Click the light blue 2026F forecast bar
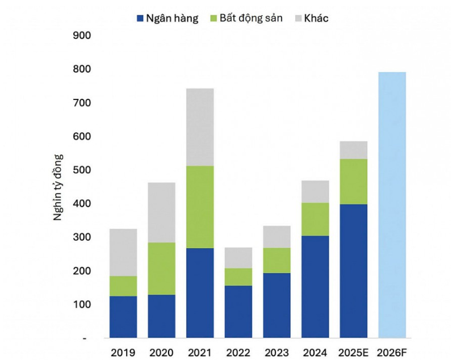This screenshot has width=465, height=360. coord(392,204)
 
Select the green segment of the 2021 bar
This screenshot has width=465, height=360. coord(200,207)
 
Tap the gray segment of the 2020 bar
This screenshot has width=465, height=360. coord(162,212)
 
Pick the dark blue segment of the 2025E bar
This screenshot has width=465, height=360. coord(353,271)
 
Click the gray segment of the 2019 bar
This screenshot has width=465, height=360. coord(123,252)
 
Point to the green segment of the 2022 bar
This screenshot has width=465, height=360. coord(238,277)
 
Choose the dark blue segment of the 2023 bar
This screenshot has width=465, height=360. coord(277,305)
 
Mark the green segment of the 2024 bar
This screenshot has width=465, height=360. coord(315,219)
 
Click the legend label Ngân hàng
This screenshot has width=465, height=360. coord(171,18)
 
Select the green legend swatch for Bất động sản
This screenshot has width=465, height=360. coord(215,18)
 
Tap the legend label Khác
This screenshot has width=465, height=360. coord(316,18)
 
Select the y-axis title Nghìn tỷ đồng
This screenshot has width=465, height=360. coord(59,187)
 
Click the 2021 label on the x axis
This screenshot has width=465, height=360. coord(200,353)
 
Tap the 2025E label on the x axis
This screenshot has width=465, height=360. coord(353,353)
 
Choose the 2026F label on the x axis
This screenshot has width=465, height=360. coord(392,353)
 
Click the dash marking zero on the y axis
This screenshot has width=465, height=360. coord(83,339)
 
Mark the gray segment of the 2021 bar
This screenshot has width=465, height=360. coord(200,127)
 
